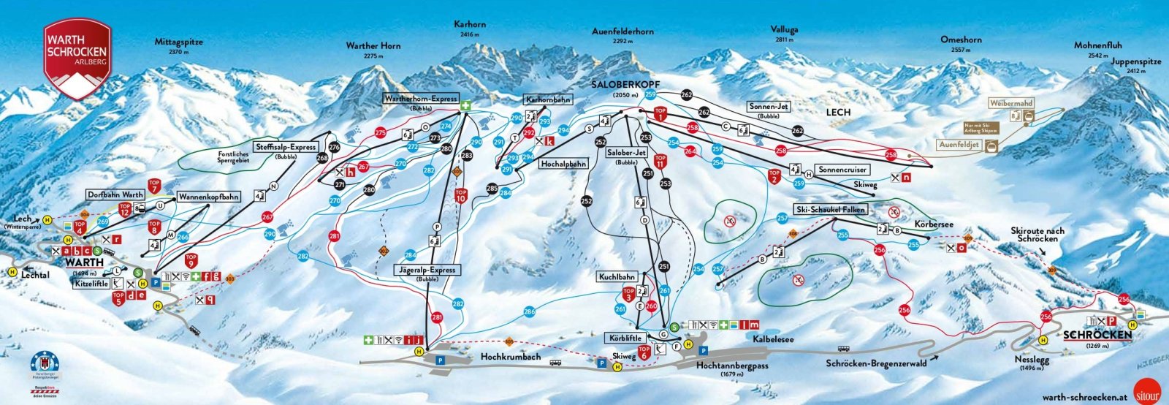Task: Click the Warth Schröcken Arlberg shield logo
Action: tap(77, 58)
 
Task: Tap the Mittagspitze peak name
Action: tap(178, 42)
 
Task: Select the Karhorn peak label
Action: tap(470, 25)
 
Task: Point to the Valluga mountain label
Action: tap(784, 30)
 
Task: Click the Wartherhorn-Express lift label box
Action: tap(421, 98)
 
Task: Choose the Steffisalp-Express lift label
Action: tap(286, 147)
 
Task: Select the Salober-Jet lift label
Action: tap(626, 152)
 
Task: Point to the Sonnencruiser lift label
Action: tap(842, 170)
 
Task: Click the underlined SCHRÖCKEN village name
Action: tap(1097, 336)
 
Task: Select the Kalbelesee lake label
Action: tap(772, 339)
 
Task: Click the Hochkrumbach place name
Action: tap(511, 357)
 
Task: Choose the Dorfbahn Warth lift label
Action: tap(115, 195)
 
